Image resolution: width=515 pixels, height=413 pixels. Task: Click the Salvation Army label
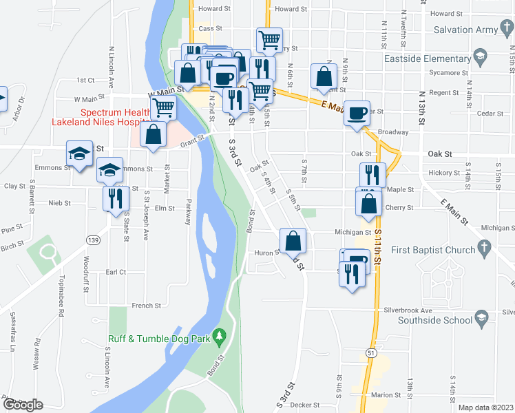tap(469, 30)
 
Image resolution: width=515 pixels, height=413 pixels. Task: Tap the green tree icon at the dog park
tap(220, 335)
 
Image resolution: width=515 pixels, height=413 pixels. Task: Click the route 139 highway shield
tap(93, 239)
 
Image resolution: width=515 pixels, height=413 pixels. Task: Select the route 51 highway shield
tap(372, 352)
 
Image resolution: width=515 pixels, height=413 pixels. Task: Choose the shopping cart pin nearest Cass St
tap(269, 39)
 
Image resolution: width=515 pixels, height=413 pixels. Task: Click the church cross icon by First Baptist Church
tap(484, 246)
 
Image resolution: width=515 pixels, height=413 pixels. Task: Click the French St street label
tap(146, 305)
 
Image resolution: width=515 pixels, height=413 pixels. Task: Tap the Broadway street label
tap(393, 131)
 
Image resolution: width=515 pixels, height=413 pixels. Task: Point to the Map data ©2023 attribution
tap(485, 407)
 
